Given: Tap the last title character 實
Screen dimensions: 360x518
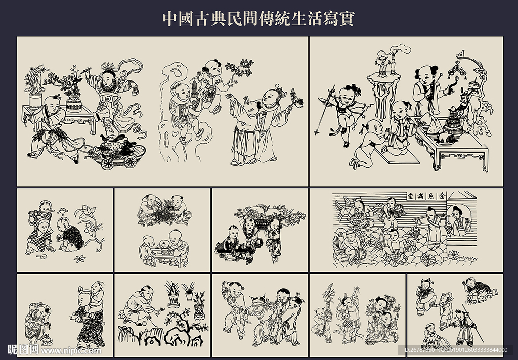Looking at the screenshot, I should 347,18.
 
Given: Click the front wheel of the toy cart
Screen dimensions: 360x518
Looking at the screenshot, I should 110,163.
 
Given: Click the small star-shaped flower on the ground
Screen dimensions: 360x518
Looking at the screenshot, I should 79,258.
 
